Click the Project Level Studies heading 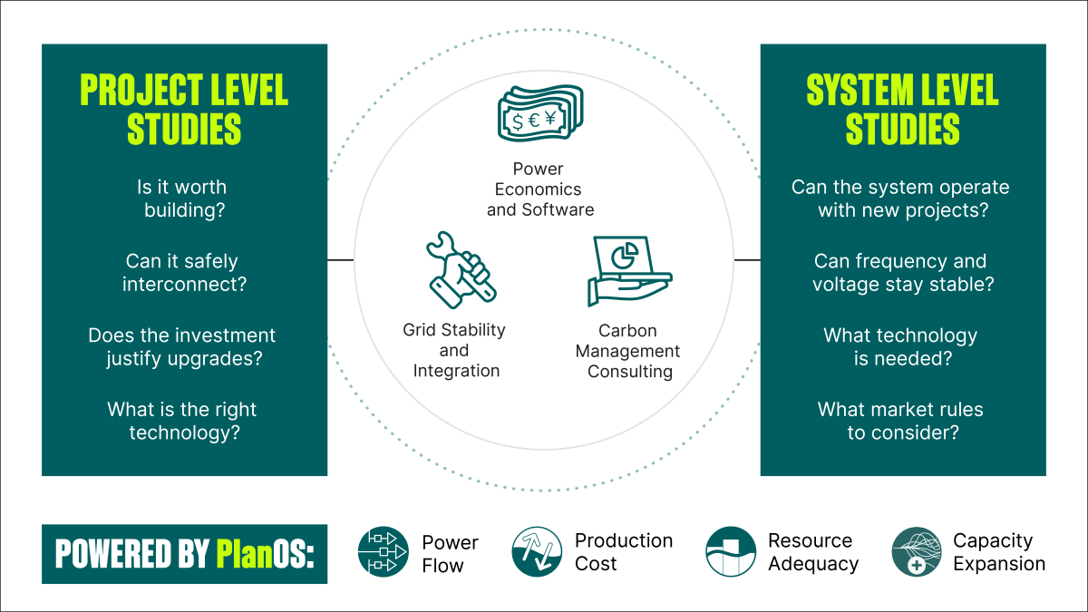[184, 110]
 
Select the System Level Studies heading [902, 110]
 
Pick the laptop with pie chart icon [628, 271]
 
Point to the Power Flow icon [384, 553]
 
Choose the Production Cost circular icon [537, 553]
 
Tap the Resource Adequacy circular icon [731, 553]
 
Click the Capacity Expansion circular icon [917, 553]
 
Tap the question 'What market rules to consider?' [901, 421]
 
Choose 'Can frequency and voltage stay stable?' [901, 273]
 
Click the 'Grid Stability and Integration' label [454, 350]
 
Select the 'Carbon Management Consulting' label [628, 351]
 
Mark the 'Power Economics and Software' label [540, 189]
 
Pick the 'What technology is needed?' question [901, 346]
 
